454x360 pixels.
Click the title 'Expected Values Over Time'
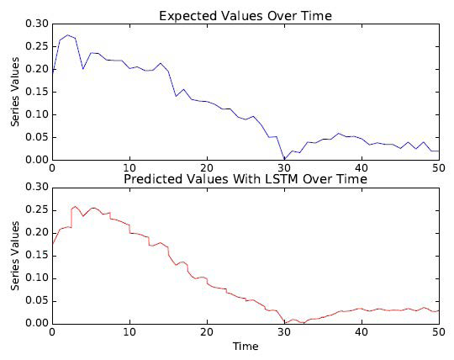(x=245, y=15)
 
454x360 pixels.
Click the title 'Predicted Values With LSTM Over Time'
(x=245, y=179)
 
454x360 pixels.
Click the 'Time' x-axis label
(x=245, y=346)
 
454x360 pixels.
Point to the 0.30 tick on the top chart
(x=36, y=24)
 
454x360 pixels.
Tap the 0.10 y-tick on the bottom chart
(x=36, y=278)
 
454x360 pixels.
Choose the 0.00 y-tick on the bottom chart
(x=36, y=323)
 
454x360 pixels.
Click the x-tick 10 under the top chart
(x=129, y=168)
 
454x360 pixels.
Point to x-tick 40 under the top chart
(x=362, y=168)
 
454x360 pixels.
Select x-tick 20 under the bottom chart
(x=207, y=332)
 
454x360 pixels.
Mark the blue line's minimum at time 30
(x=284, y=159)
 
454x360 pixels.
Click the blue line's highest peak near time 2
(x=67, y=35)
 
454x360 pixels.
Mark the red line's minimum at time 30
(x=284, y=322)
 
